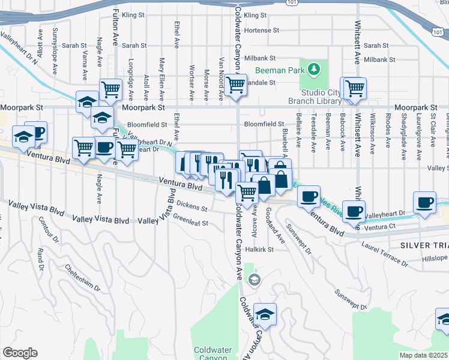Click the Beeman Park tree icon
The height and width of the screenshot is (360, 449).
point(312,70)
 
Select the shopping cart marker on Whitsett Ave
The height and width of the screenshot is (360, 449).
point(355,88)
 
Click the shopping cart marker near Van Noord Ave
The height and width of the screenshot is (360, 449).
point(235,85)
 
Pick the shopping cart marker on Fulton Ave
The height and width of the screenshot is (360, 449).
point(111,91)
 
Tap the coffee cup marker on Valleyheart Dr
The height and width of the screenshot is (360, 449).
point(426,202)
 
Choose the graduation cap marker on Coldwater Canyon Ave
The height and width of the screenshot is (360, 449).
point(264,314)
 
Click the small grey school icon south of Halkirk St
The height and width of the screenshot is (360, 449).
point(255,280)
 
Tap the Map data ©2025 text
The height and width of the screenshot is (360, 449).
point(423,355)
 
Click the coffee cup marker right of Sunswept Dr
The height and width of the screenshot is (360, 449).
point(355,211)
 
